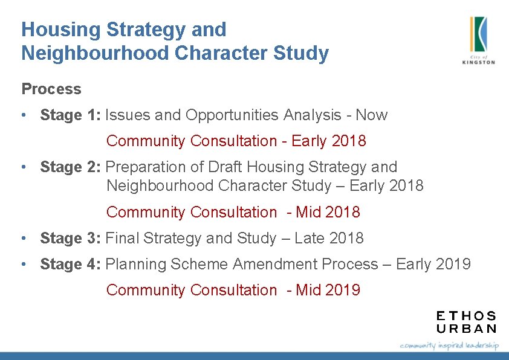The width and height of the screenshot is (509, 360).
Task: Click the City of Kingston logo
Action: (478, 40)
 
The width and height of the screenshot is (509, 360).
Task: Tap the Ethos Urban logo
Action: (466, 322)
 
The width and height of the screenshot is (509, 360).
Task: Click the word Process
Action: (51, 89)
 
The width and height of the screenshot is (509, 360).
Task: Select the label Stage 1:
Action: (71, 115)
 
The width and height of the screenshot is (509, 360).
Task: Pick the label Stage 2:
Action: (71, 167)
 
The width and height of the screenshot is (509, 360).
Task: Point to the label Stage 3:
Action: (71, 238)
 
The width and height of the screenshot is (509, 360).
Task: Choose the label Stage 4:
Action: (71, 264)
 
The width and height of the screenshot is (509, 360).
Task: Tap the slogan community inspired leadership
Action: (449, 346)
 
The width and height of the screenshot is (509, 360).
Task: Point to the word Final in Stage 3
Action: (123, 238)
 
